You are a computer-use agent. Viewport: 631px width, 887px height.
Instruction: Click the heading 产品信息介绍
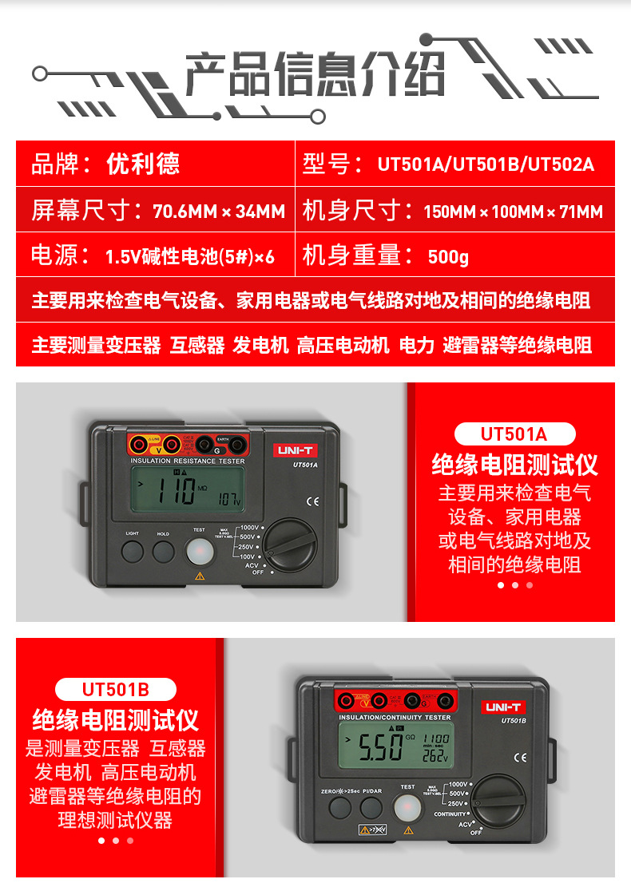click(315, 76)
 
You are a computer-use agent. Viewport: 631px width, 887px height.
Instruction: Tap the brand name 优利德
click(143, 164)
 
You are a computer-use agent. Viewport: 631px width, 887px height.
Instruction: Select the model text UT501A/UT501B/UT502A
click(486, 165)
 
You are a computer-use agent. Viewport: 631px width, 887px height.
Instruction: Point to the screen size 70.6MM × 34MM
click(218, 212)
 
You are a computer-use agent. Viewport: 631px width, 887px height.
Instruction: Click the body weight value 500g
click(448, 257)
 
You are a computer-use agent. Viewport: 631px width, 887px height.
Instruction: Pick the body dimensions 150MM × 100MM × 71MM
click(513, 212)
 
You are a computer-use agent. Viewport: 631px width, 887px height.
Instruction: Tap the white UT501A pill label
click(514, 434)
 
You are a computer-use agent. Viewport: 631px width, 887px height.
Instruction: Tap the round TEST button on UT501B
click(407, 806)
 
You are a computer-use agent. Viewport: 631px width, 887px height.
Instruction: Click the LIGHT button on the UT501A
click(133, 551)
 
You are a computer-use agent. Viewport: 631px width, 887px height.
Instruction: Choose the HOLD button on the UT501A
click(164, 551)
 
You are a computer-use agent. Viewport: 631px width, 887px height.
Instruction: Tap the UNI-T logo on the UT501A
click(298, 450)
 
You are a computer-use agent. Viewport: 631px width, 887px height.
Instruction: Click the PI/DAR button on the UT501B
click(371, 807)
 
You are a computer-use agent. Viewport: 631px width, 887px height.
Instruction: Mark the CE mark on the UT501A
click(312, 501)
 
